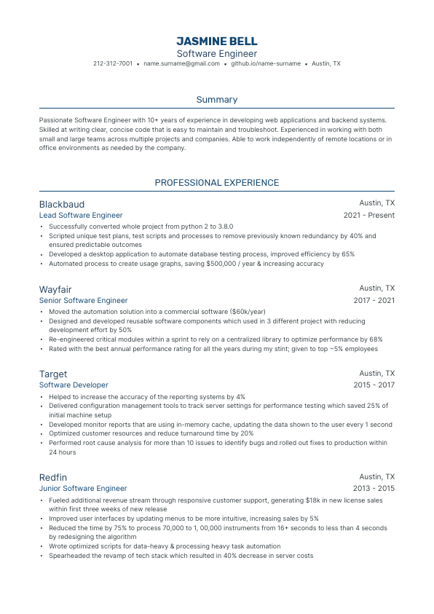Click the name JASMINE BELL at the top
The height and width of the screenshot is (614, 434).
[x=216, y=41]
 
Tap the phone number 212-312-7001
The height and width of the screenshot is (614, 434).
[x=113, y=64]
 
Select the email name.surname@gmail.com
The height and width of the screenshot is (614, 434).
[x=181, y=64]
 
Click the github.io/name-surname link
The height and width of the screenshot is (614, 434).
[x=266, y=64]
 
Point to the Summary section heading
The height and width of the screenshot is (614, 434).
[x=216, y=100]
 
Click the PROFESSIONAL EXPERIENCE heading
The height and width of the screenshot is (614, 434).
[x=216, y=183]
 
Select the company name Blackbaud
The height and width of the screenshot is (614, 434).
[x=62, y=204]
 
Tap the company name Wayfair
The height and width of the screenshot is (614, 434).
[x=55, y=289]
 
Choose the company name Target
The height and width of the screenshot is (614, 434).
[x=53, y=374]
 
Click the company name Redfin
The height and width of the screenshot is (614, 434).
[x=53, y=476]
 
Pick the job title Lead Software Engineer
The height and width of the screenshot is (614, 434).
[x=81, y=216]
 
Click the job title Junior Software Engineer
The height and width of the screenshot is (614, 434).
[x=83, y=489]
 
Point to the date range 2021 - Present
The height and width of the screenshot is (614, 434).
[x=369, y=216]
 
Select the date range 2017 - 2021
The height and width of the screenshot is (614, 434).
[x=374, y=300]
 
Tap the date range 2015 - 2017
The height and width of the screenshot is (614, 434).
[x=374, y=385]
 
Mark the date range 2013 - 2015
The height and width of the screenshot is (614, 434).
[x=374, y=489]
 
